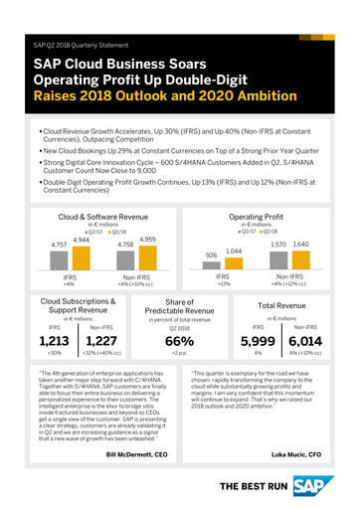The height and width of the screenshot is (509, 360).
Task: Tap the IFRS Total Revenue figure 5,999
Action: tap(257, 340)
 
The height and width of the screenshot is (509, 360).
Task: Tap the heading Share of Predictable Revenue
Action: tap(179, 307)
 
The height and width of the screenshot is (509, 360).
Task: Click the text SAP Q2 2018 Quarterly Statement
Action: tap(81, 46)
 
